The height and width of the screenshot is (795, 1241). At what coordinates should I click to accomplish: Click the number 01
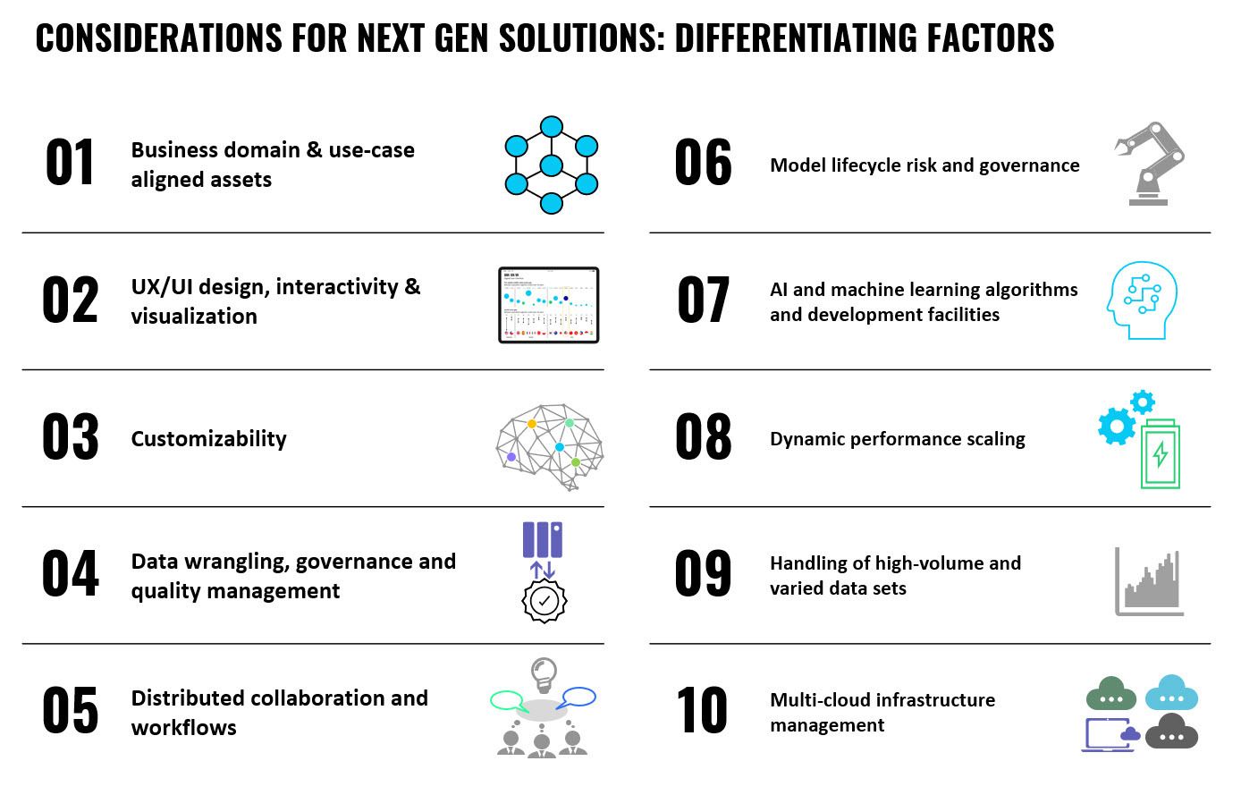pos(69,163)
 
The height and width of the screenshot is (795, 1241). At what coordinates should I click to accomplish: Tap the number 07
pos(703,300)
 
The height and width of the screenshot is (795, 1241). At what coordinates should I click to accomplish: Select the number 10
pos(701,710)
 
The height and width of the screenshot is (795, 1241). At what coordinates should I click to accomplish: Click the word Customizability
pos(209,439)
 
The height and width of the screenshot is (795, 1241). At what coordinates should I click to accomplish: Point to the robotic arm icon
pos(1149,164)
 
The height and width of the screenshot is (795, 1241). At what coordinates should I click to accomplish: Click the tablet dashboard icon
pos(548,305)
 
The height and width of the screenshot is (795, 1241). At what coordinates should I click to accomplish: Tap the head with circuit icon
pos(1142,300)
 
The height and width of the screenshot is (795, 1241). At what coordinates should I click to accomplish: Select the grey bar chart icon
pos(1149,581)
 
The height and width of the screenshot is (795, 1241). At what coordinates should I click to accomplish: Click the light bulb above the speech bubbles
pos(544,674)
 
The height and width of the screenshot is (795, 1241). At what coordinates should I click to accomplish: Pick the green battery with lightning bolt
pos(1161,454)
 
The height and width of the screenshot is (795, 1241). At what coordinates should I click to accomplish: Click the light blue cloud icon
pos(1171,692)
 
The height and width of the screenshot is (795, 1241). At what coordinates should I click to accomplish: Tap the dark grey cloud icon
pos(1171,732)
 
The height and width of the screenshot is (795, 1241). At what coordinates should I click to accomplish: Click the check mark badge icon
pos(544,601)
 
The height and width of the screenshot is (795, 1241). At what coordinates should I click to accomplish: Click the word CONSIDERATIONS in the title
pos(159,38)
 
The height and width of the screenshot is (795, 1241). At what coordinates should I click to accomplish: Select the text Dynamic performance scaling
pos(898,439)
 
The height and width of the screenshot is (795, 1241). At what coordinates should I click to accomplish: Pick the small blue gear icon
pos(1143,402)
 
